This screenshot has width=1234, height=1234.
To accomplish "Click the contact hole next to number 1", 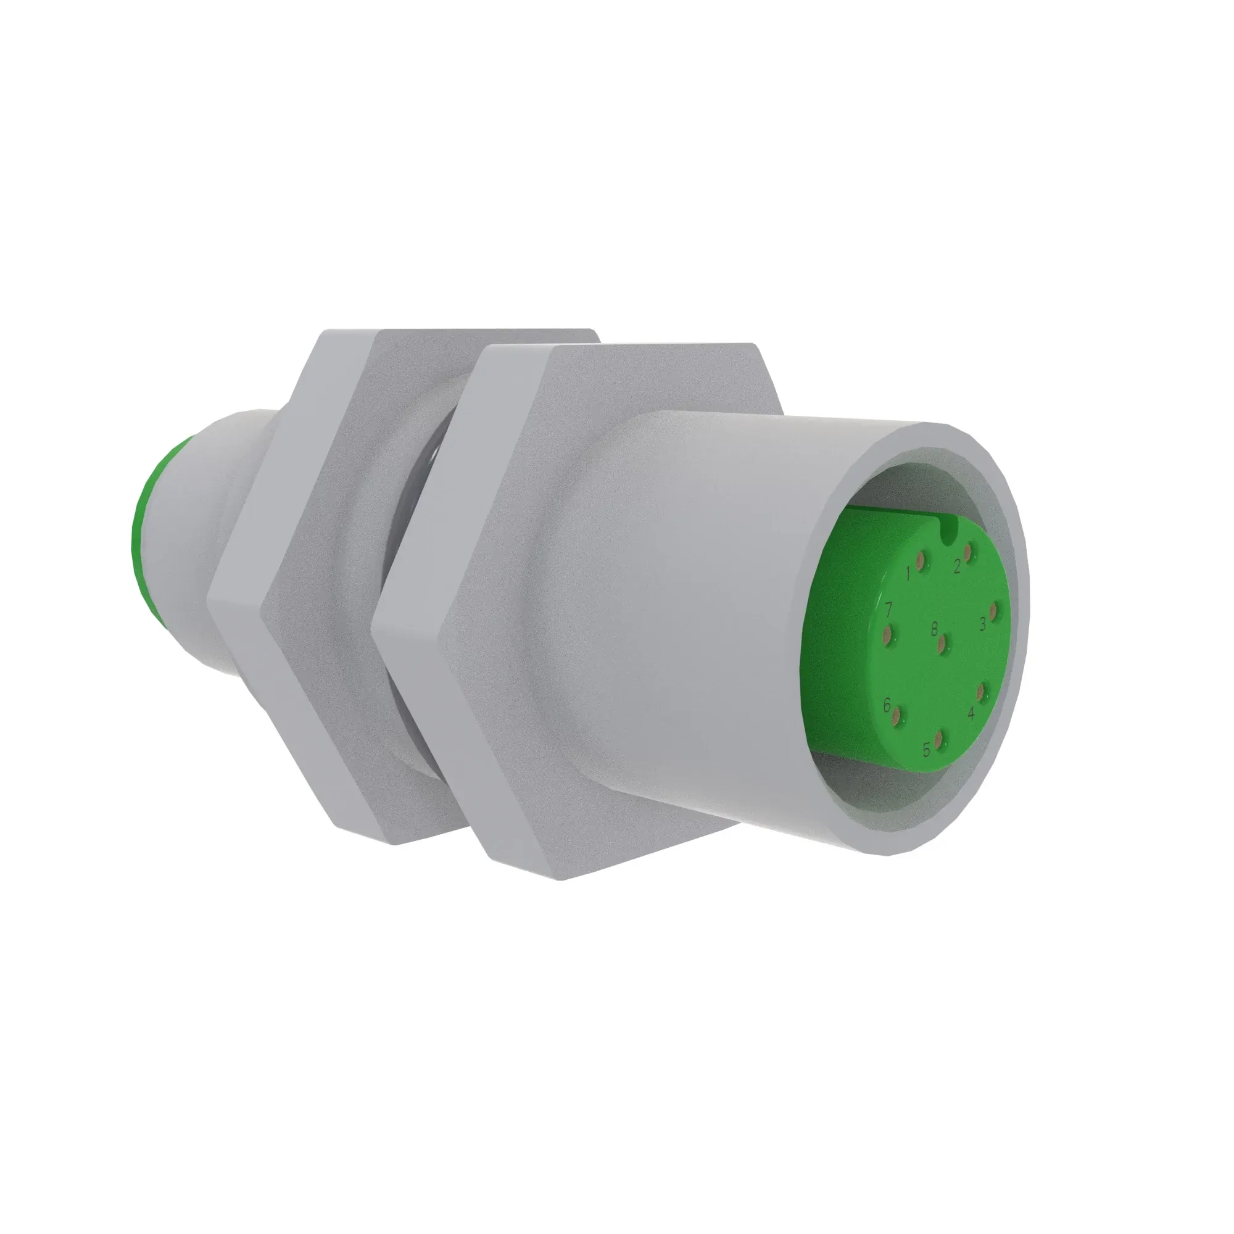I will [x=921, y=561].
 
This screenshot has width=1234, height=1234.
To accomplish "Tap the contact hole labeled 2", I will [x=969, y=554].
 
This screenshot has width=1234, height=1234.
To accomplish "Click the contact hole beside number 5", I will [x=938, y=740].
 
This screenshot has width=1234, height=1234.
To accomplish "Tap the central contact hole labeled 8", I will [x=942, y=642].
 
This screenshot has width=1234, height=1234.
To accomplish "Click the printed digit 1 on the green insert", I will [x=908, y=574].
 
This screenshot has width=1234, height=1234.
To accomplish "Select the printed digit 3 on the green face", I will [x=982, y=624].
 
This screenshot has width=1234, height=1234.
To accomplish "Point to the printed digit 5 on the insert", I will [x=926, y=750].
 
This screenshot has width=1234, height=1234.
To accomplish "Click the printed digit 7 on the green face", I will [x=888, y=610].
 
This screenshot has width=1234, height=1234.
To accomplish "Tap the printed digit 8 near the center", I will [x=934, y=629].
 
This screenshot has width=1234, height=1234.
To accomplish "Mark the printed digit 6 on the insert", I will [x=887, y=705].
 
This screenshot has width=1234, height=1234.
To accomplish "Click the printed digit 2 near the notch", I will [x=957, y=566].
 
